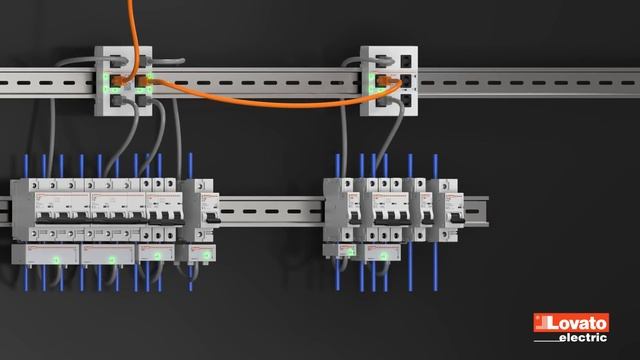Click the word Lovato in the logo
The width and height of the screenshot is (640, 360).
click(577, 324)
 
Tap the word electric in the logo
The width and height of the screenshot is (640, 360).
click(583, 338)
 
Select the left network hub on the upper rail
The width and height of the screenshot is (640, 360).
click(123, 81)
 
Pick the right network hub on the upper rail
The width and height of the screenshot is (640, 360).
click(389, 81)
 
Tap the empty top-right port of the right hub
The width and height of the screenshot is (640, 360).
click(406, 61)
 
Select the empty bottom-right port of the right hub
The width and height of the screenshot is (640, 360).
click(406, 100)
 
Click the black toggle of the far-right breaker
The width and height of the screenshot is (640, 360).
click(457, 220)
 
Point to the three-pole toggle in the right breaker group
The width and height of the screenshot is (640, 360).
click(391, 220)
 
